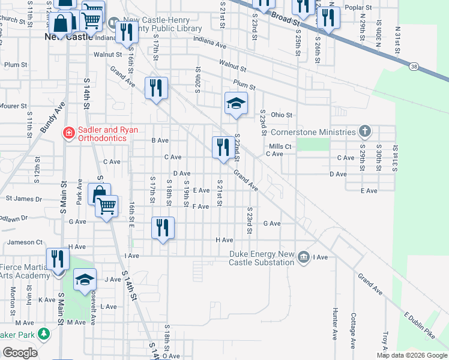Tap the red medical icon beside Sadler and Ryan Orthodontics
(x=69, y=133)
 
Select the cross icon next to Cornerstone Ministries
(x=364, y=131)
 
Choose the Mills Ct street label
(x=280, y=146)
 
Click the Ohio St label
(x=281, y=115)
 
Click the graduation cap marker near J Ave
(x=85, y=280)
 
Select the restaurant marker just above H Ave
(x=163, y=227)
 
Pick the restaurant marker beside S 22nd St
(x=223, y=146)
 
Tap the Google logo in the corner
(x=20, y=353)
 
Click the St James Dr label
(x=24, y=198)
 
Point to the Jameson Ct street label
(x=25, y=242)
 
